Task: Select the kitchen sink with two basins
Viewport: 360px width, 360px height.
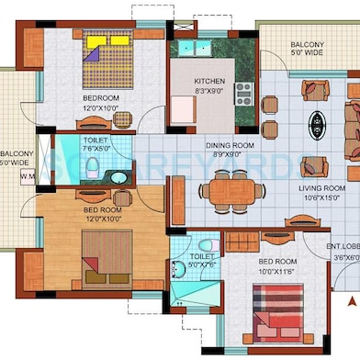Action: tap(195, 48)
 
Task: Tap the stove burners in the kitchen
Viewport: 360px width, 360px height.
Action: tap(243, 92)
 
